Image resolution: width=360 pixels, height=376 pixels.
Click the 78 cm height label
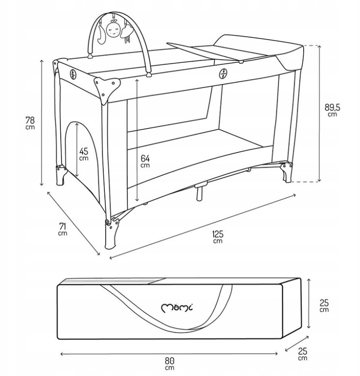point(30,123)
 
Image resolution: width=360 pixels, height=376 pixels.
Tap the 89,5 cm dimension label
point(332,110)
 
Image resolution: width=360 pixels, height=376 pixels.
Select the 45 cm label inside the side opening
point(84,154)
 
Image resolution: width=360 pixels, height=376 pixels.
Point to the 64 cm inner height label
point(145,161)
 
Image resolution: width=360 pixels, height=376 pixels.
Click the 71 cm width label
point(63,229)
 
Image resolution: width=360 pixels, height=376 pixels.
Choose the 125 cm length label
point(218,236)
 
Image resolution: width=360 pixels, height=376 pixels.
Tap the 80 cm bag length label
point(170,364)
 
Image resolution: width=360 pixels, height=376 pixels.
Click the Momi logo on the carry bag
point(177,307)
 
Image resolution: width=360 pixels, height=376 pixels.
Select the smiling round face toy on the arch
point(113,30)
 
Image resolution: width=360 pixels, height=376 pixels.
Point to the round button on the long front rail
point(223,74)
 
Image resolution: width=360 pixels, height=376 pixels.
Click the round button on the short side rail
point(73,74)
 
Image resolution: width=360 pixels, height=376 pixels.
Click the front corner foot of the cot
point(112,234)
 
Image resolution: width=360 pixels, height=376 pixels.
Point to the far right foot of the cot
point(287,172)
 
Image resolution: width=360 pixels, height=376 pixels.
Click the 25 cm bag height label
point(324,305)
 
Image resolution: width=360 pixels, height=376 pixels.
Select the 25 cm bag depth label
point(303,354)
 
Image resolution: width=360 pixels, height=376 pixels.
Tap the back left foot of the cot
point(61,175)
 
